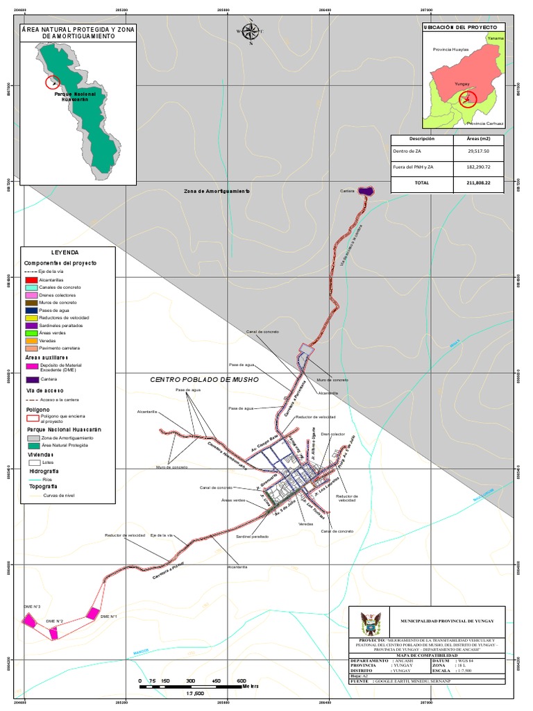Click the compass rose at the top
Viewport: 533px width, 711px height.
(x=251, y=31)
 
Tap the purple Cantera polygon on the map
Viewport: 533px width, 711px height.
(x=366, y=191)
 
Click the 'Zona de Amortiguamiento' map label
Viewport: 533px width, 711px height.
(x=217, y=191)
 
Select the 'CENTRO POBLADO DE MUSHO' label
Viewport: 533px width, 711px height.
(x=205, y=380)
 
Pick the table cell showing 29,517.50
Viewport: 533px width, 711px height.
(x=479, y=151)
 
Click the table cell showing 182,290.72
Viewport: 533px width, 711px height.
(x=479, y=167)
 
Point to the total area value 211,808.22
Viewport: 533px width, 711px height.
(x=479, y=183)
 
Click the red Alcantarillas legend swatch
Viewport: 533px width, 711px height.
(x=31, y=279)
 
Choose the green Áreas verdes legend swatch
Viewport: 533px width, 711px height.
(x=31, y=333)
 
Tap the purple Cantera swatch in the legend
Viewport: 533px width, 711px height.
(x=32, y=380)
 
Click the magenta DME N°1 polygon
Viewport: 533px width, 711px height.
(x=92, y=613)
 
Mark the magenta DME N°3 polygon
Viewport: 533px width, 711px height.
(x=29, y=620)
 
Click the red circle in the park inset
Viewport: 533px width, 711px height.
(x=53, y=82)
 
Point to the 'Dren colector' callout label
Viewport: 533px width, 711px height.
(x=332, y=434)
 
